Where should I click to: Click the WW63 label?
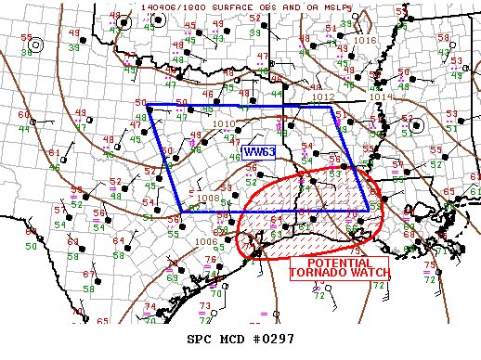(x=255, y=151)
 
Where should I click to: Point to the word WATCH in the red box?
(x=370, y=273)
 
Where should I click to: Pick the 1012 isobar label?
(x=323, y=96)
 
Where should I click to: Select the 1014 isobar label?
(x=382, y=96)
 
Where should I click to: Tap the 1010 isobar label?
(x=224, y=123)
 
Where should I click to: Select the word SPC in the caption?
(x=201, y=340)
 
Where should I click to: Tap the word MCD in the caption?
(x=232, y=340)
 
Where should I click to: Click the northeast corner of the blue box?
(x=331, y=107)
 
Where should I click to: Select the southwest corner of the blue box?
(x=182, y=212)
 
